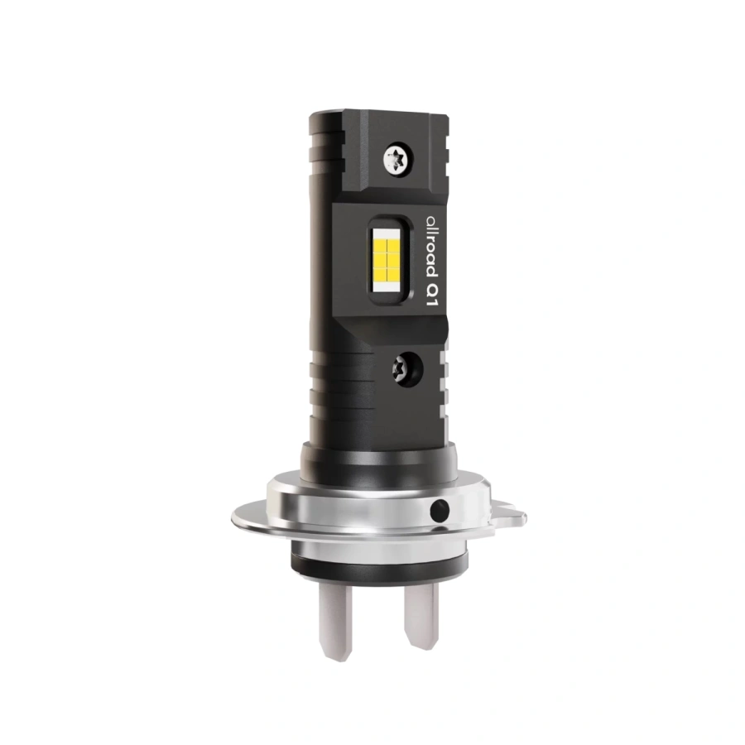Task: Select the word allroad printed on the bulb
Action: (x=431, y=248)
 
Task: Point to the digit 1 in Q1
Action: (x=431, y=300)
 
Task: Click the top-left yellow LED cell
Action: (x=381, y=245)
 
